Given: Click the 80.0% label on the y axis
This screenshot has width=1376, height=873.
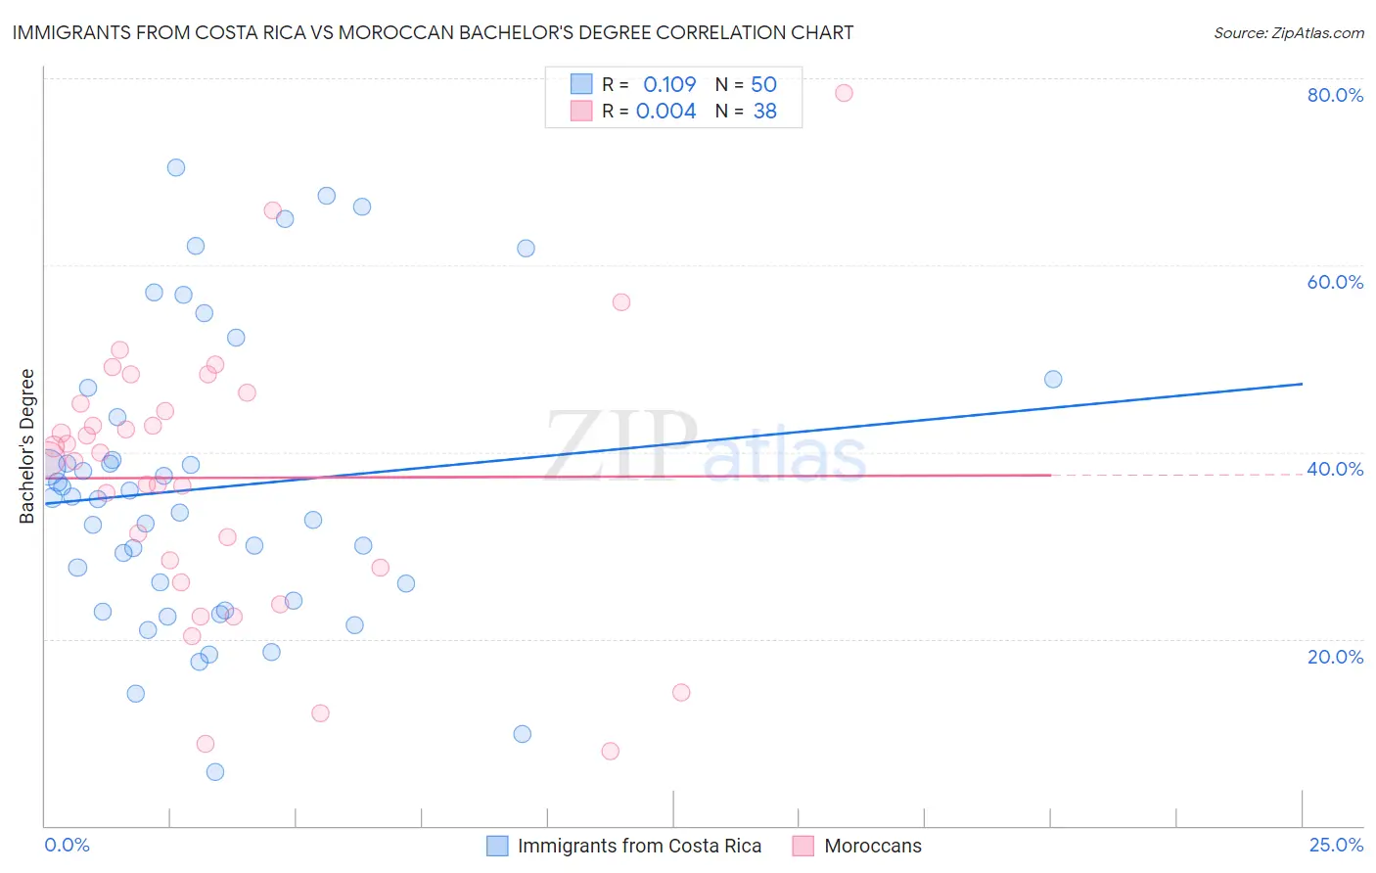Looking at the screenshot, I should [1335, 95].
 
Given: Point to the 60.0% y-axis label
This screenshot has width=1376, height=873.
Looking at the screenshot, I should [1335, 282].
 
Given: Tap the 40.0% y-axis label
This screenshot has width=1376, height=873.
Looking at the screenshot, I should [1335, 469].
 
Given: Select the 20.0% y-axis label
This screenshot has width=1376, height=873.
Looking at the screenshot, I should [1335, 657].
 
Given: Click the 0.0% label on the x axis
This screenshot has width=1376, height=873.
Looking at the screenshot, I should [67, 845].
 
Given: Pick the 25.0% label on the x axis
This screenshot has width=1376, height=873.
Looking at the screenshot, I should [1336, 845].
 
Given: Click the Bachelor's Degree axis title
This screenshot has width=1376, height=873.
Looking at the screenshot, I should [27, 446].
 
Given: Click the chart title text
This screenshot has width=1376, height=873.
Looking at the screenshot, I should [433, 32].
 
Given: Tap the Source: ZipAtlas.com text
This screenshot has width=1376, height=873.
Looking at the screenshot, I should [1288, 32].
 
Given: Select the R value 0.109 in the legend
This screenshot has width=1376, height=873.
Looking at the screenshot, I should [669, 84].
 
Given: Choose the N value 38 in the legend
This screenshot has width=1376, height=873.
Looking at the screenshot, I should [764, 112].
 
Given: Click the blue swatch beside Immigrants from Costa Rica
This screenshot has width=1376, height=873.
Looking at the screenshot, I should [497, 846].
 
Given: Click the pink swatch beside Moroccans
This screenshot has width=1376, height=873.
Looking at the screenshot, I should [803, 846].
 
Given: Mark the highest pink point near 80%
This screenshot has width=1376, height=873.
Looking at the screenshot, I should [844, 93].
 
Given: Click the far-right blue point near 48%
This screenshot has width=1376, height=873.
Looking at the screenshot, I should [1053, 379].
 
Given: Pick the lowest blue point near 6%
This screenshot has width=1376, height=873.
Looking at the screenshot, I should [215, 772].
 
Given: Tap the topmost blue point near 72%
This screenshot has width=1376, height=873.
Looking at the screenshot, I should [176, 167].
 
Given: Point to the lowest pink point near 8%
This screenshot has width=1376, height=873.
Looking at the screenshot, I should [611, 751].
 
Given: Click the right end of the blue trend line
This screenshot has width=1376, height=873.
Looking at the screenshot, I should [1302, 384].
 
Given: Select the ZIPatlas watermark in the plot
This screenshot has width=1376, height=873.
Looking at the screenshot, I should [705, 446].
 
